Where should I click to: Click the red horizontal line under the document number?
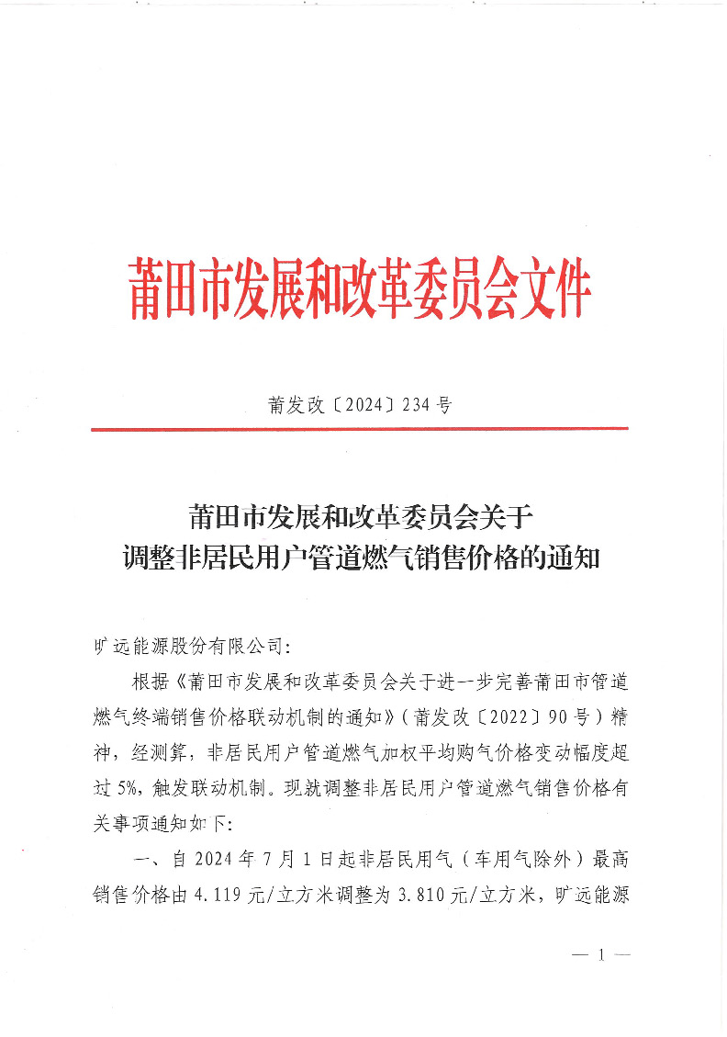359,429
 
